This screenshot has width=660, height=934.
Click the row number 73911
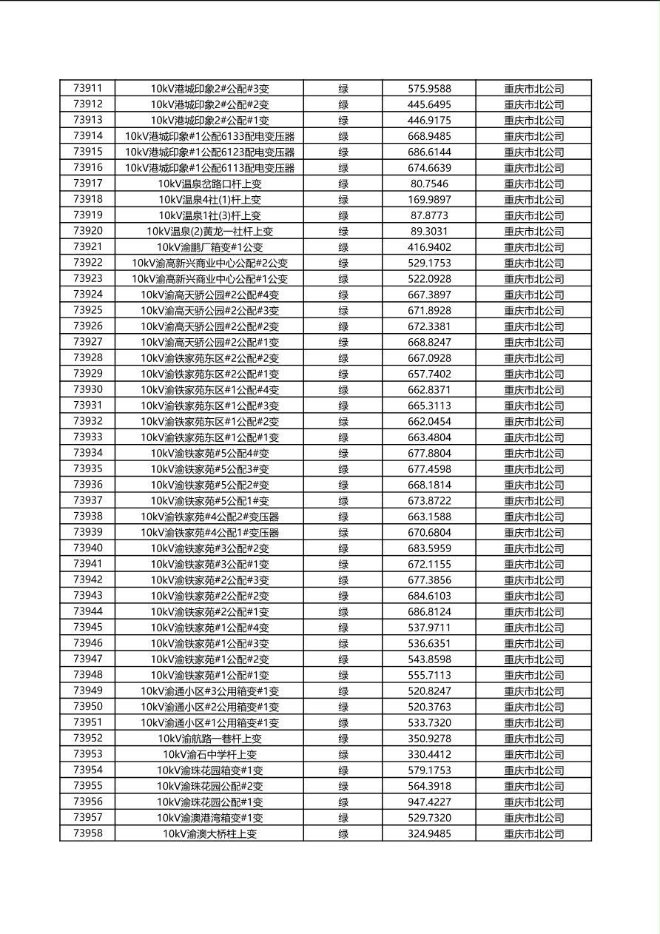(88, 88)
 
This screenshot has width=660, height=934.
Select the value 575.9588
(429, 89)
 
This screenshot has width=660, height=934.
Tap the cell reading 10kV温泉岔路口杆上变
(209, 184)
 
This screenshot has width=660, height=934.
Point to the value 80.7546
(429, 184)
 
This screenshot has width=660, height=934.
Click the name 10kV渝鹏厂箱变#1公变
(209, 247)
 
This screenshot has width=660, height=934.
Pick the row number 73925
(88, 310)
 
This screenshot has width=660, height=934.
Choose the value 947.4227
(429, 802)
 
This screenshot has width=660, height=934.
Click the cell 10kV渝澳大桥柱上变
(209, 833)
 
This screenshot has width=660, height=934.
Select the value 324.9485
(429, 833)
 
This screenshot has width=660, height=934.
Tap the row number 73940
(88, 548)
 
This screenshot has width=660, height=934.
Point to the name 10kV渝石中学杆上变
(209, 754)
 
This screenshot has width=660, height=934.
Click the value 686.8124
(429, 611)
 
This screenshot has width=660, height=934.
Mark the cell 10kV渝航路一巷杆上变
(209, 739)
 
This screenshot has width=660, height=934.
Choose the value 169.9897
(429, 199)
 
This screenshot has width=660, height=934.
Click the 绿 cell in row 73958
(343, 833)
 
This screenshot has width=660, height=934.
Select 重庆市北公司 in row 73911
(533, 89)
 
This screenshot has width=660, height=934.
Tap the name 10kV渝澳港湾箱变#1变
(209, 818)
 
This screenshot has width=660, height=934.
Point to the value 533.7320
(429, 722)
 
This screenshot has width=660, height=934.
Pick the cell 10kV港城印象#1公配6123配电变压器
(209, 152)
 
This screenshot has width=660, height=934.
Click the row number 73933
(88, 437)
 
